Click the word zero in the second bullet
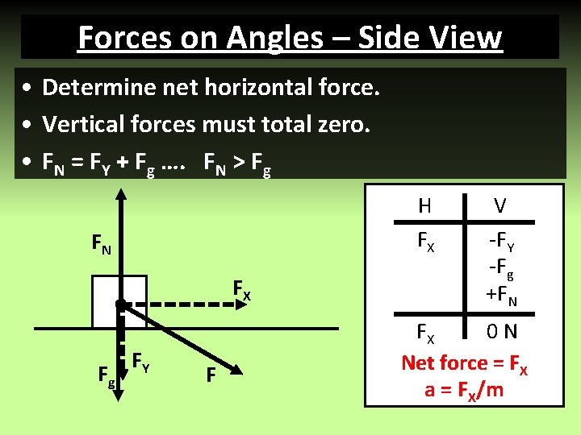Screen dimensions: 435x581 tap(340, 124)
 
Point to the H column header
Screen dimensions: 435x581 tap(424, 206)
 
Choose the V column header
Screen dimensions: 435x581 tap(500, 206)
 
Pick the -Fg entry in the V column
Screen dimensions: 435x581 tap(501, 270)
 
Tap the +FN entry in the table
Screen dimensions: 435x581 tap(500, 296)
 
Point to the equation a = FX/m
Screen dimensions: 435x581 tap(464, 391)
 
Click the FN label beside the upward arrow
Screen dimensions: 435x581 tap(102, 242)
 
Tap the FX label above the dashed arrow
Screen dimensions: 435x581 tap(241, 288)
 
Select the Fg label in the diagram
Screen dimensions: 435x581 tap(105, 374)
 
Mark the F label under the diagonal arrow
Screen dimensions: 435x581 tap(211, 375)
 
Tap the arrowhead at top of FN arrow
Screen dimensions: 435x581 tap(120, 196)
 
